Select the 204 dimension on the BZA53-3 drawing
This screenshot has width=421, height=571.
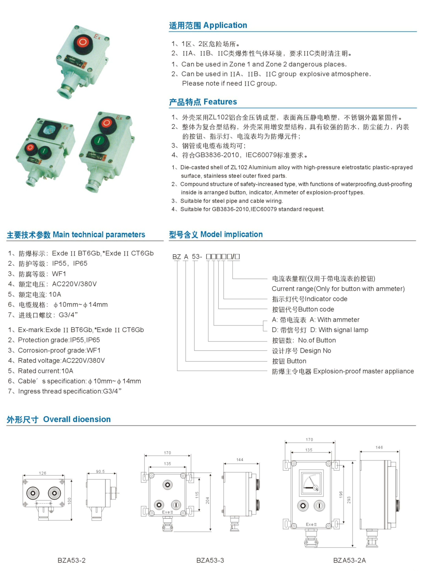click(x=207, y=500)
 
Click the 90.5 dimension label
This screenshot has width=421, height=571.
click(x=100, y=472)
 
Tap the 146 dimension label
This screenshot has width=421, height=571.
click(x=379, y=447)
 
